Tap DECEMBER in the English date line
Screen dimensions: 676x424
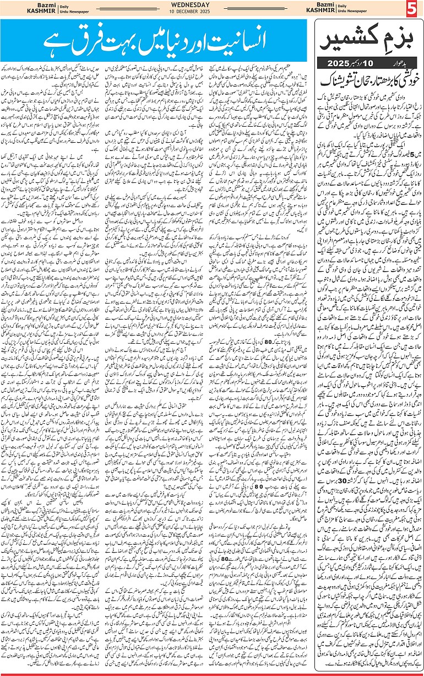pyautogui.click(x=212, y=13)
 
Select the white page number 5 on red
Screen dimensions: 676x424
pyautogui.click(x=414, y=9)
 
